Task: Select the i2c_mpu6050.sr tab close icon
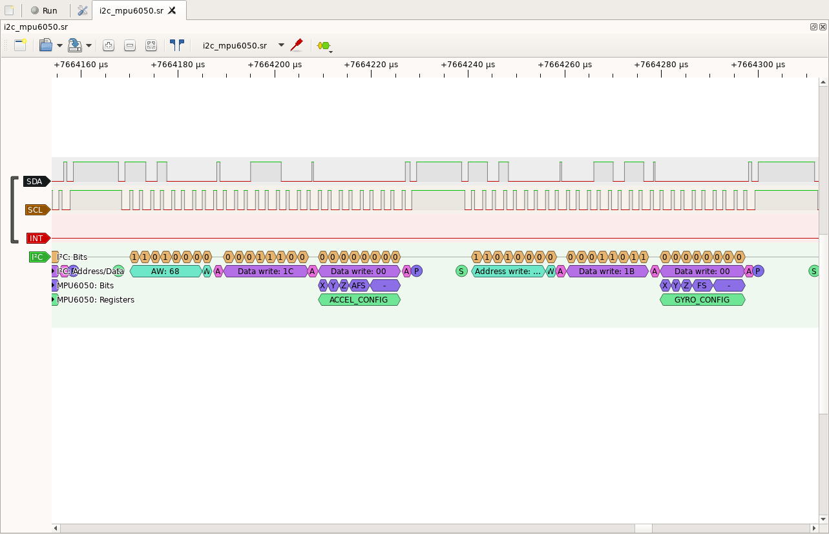pyautogui.click(x=172, y=10)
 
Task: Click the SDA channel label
pyautogui.click(x=35, y=182)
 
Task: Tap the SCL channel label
pyautogui.click(x=36, y=210)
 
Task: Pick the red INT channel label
pyautogui.click(x=36, y=239)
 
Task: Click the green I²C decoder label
pyautogui.click(x=37, y=257)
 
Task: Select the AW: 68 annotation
pyautogui.click(x=165, y=272)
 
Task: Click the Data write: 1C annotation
pyautogui.click(x=265, y=272)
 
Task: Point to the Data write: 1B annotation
pyautogui.click(x=606, y=272)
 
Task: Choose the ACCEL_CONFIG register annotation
pyautogui.click(x=359, y=300)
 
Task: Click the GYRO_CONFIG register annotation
pyautogui.click(x=702, y=300)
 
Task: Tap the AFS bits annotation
pyautogui.click(x=359, y=286)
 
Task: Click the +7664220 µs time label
pyautogui.click(x=371, y=65)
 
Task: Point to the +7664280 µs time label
pyautogui.click(x=661, y=65)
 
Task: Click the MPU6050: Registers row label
pyautogui.click(x=96, y=300)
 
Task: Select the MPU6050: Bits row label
pyautogui.click(x=85, y=286)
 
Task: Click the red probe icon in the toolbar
pyautogui.click(x=297, y=45)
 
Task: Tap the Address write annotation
pyautogui.click(x=508, y=272)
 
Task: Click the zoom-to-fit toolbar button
pyautogui.click(x=151, y=45)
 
